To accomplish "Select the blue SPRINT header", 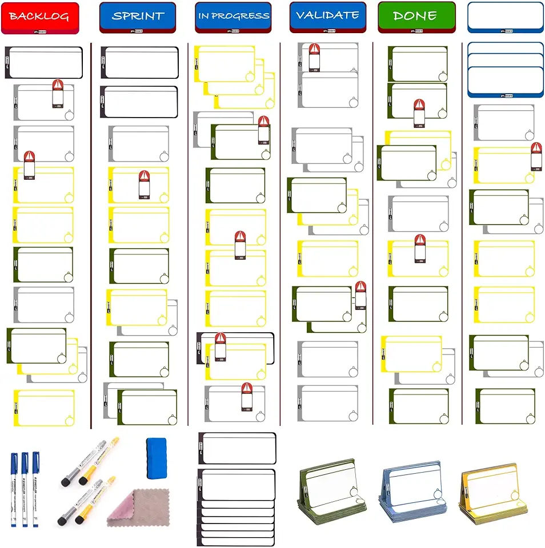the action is (x=138, y=17).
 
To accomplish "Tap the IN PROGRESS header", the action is (x=233, y=17).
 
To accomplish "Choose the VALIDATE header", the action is (x=328, y=16).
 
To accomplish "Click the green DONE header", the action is (x=416, y=17).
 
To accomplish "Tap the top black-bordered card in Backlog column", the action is (x=45, y=63).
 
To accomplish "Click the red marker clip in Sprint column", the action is (x=145, y=184).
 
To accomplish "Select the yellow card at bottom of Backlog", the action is (x=44, y=408).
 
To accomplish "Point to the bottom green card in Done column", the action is (x=418, y=406).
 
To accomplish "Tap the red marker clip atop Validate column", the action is (x=314, y=56).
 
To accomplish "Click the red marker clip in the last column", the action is (x=536, y=156).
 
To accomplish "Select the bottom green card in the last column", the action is (x=505, y=406).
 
